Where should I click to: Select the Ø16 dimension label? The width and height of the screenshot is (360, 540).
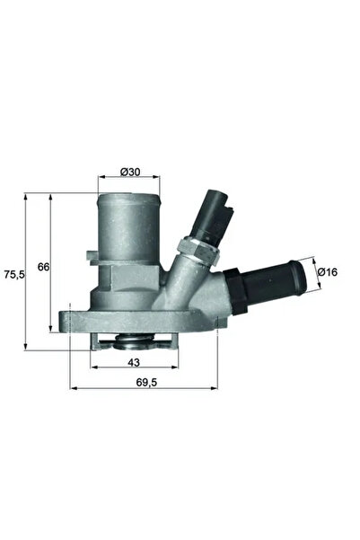coord(329,271)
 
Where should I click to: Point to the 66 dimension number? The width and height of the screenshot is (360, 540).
coord(41,267)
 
